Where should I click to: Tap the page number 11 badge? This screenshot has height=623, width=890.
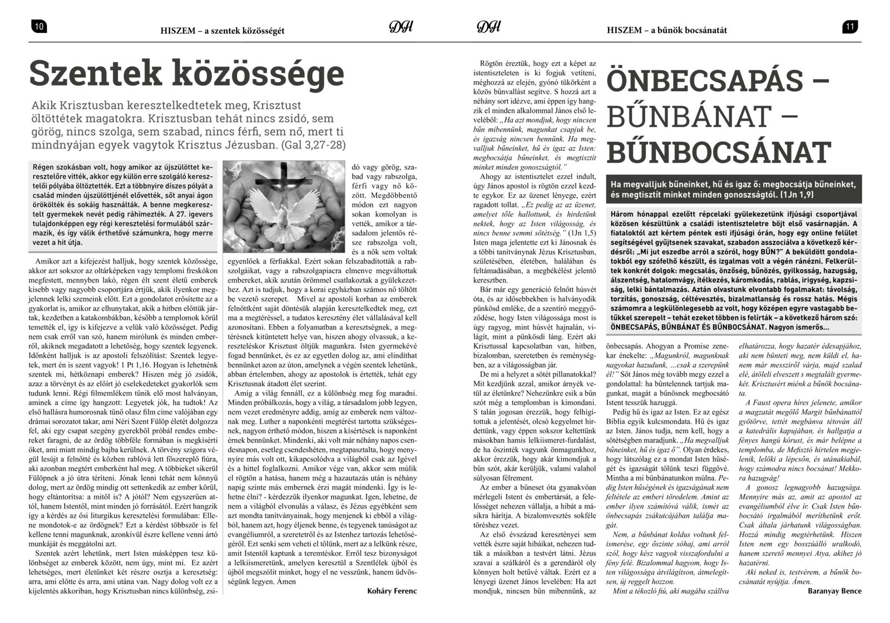(x=851, y=27)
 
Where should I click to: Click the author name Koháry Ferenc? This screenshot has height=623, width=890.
(x=392, y=591)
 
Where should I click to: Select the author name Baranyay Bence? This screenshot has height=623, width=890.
(x=834, y=591)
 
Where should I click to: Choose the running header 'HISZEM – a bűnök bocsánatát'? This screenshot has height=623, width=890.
(x=667, y=30)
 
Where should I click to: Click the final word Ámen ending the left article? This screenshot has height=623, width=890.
(x=285, y=581)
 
